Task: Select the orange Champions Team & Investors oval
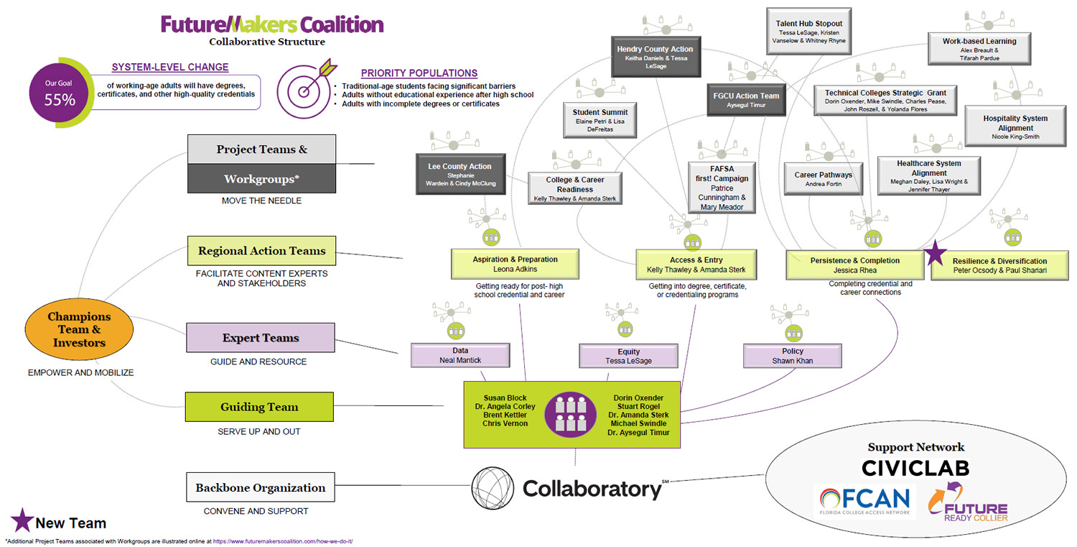click(x=79, y=330)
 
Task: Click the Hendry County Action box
click(x=655, y=56)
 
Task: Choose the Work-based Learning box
click(x=979, y=48)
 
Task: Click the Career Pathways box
click(x=823, y=179)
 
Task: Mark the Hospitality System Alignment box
click(x=1015, y=127)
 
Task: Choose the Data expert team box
click(x=460, y=355)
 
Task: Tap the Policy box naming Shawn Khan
click(x=792, y=356)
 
